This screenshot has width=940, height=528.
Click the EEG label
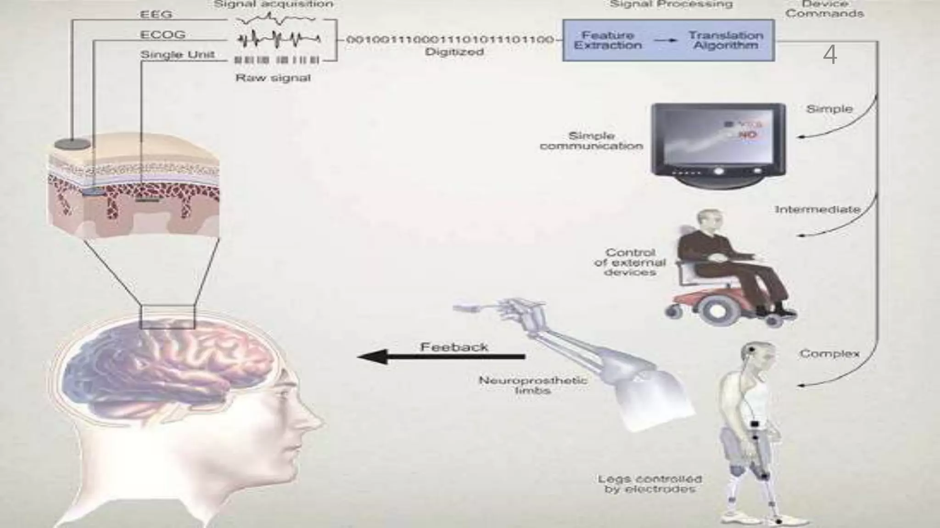pyautogui.click(x=156, y=15)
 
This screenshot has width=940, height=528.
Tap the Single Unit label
pyautogui.click(x=177, y=55)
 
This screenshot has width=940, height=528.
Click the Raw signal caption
pyautogui.click(x=273, y=78)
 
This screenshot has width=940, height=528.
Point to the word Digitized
pyautogui.click(x=454, y=52)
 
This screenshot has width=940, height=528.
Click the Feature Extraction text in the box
pyautogui.click(x=608, y=40)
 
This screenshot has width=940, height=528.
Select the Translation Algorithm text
pyautogui.click(x=725, y=40)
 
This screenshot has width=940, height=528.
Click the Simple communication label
pyautogui.click(x=591, y=141)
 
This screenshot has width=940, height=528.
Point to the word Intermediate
pyautogui.click(x=817, y=209)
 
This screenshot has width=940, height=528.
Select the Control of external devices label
pyautogui.click(x=630, y=262)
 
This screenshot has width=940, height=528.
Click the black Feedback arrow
pyautogui.click(x=441, y=357)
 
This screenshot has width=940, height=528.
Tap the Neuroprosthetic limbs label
pyautogui.click(x=532, y=385)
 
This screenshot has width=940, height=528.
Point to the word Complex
pyautogui.click(x=829, y=354)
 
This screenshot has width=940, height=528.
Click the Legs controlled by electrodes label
pyautogui.click(x=649, y=484)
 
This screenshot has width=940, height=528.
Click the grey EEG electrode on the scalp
pyautogui.click(x=73, y=144)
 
